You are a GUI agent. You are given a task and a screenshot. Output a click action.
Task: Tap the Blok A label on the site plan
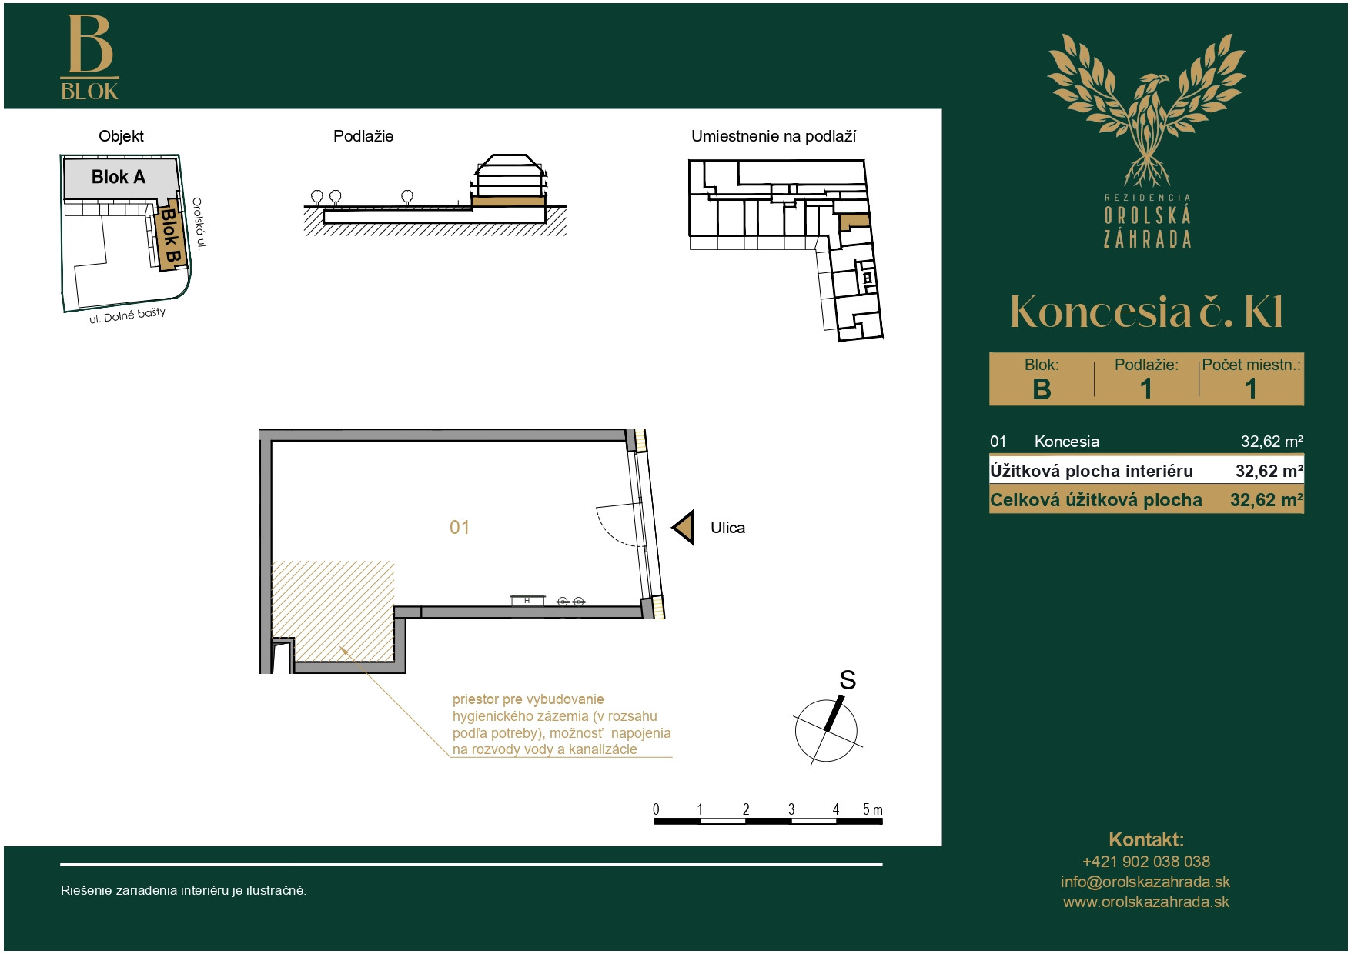[x=119, y=177]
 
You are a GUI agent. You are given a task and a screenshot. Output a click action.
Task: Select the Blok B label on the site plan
[x=170, y=236]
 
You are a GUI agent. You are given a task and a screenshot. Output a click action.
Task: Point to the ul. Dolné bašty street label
[x=127, y=315]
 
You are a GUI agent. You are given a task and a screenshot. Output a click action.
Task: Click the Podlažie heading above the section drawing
[x=363, y=136]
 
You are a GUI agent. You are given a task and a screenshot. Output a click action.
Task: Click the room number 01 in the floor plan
[x=460, y=528]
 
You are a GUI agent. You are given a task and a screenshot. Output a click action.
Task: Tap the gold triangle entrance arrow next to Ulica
[x=684, y=528]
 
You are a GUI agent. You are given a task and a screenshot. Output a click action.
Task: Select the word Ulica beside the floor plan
[x=727, y=528]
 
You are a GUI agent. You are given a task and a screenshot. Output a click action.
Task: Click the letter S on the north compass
[x=848, y=680]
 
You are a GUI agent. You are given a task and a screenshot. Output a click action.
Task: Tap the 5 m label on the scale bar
[x=872, y=809]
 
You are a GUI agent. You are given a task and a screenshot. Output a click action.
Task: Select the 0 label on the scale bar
[x=656, y=809]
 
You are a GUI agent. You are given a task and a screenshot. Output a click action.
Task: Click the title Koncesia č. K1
[x=1146, y=312]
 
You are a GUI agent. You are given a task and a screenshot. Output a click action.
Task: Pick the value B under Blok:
[x=1042, y=389]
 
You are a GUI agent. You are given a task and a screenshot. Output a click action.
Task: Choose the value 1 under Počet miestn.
[x=1251, y=389]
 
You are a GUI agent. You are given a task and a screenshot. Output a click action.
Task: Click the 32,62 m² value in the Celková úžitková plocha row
[x=1266, y=500]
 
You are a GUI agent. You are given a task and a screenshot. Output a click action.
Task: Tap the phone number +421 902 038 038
[x=1145, y=862]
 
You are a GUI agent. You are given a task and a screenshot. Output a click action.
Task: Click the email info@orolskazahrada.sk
[x=1145, y=882]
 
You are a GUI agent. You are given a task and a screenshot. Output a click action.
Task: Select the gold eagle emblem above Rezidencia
[x=1146, y=108]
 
